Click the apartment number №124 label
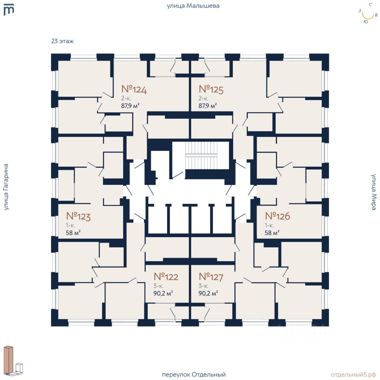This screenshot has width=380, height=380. click(x=134, y=90)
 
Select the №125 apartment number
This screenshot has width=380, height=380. click(x=211, y=90)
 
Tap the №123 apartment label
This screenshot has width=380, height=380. click(x=78, y=217)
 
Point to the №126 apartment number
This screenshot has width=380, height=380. click(x=277, y=217)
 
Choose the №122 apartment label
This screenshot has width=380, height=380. click(x=166, y=277)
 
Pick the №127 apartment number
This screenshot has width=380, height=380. click(x=211, y=277)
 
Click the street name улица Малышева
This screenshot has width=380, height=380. click(x=193, y=6)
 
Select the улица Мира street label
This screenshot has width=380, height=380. click(x=374, y=192)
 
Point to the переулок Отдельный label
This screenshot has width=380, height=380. click(x=194, y=374)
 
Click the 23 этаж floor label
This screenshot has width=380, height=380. click(x=63, y=41)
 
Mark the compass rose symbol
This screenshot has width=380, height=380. click(x=368, y=14)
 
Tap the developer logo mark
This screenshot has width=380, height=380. click(x=9, y=10)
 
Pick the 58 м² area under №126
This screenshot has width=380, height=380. click(x=272, y=232)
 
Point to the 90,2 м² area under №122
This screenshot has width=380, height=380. click(x=163, y=293)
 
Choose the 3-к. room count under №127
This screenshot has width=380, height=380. click(x=203, y=286)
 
